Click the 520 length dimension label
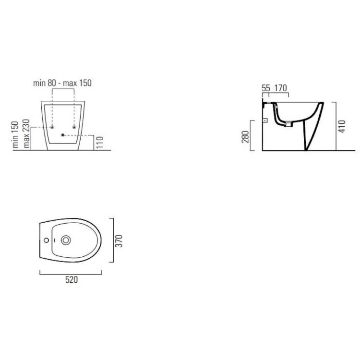pyautogui.click(x=72, y=280)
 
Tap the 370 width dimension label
pyautogui.click(x=119, y=241)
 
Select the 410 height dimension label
pyautogui.click(x=342, y=126)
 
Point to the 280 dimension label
pyautogui.click(x=245, y=137)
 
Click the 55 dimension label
pyautogui.click(x=266, y=88)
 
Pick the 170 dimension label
pyautogui.click(x=281, y=88)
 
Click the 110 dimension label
pyautogui.click(x=100, y=143)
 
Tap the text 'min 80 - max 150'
pyautogui.click(x=62, y=83)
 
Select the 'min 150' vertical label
pyautogui.click(x=15, y=134)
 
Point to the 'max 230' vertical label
pyautogui.click(x=26, y=133)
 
